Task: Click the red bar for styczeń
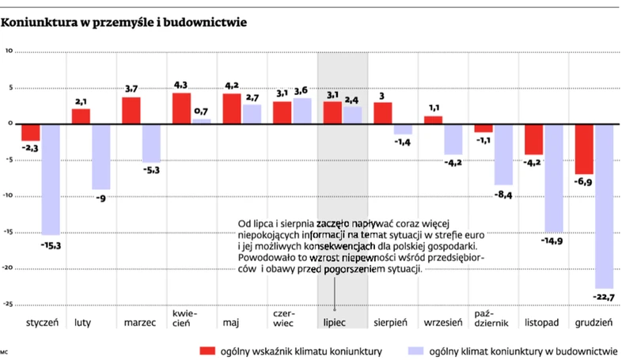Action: point(31,132)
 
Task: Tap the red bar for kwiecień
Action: point(181,108)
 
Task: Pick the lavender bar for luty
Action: point(100,157)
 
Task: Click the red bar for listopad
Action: point(534,138)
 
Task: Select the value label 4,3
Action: point(181,85)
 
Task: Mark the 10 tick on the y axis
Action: point(9,51)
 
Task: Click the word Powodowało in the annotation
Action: point(263,257)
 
